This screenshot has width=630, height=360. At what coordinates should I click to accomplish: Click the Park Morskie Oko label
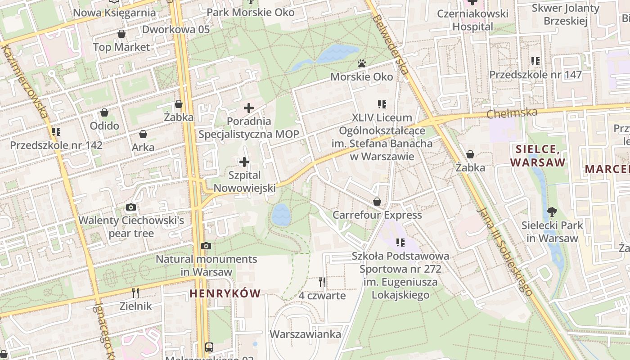250,12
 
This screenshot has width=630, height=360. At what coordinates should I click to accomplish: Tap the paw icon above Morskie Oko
361,63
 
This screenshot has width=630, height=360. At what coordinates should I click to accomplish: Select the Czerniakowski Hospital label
472,20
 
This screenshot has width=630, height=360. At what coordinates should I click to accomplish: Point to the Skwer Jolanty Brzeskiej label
565,14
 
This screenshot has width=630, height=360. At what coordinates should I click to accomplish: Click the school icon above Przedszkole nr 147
535,61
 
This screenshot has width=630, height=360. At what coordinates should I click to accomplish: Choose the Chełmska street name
512,112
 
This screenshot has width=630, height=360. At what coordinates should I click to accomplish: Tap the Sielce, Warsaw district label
537,156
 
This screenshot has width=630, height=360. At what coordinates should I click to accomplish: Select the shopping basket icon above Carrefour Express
377,202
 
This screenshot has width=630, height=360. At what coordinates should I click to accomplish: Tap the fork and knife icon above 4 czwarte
322,282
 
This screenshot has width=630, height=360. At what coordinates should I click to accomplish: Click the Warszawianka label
305,334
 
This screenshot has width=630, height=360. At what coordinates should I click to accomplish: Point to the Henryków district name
225,294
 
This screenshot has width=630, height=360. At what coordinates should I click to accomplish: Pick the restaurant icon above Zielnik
135,293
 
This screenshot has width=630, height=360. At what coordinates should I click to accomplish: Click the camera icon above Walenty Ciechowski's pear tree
131,207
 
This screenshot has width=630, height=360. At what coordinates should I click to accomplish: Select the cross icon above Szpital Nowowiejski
244,162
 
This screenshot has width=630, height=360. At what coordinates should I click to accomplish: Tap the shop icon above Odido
104,112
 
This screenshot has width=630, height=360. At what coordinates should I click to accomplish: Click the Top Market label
121,47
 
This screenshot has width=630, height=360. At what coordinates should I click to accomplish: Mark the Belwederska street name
390,45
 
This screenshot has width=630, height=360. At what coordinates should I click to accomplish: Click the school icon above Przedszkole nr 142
56,132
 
